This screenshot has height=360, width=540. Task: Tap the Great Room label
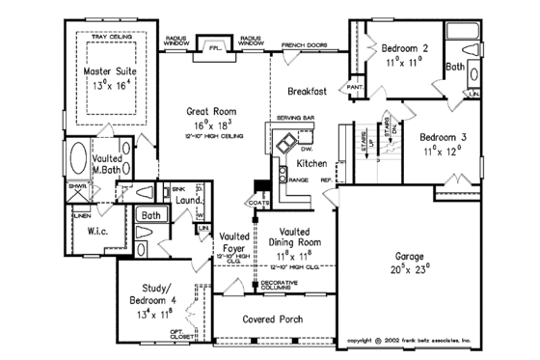[x=203, y=112]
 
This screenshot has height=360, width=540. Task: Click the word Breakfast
[x=308, y=91]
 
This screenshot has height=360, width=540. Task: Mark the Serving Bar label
[x=293, y=118]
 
